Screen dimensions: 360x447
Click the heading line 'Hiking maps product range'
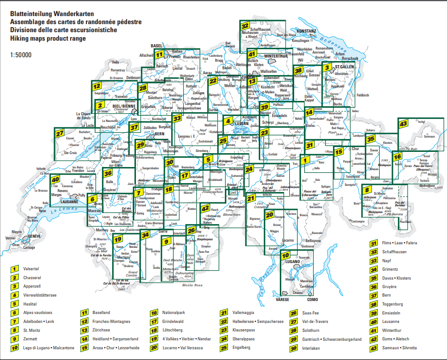coord(47,38)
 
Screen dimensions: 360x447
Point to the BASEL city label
coord(156,46)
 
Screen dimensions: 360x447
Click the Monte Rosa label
coord(192,285)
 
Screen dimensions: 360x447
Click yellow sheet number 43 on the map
coord(403,124)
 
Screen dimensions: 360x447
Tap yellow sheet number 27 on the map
coord(59,133)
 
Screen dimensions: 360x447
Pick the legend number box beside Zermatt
coord(15,339)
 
